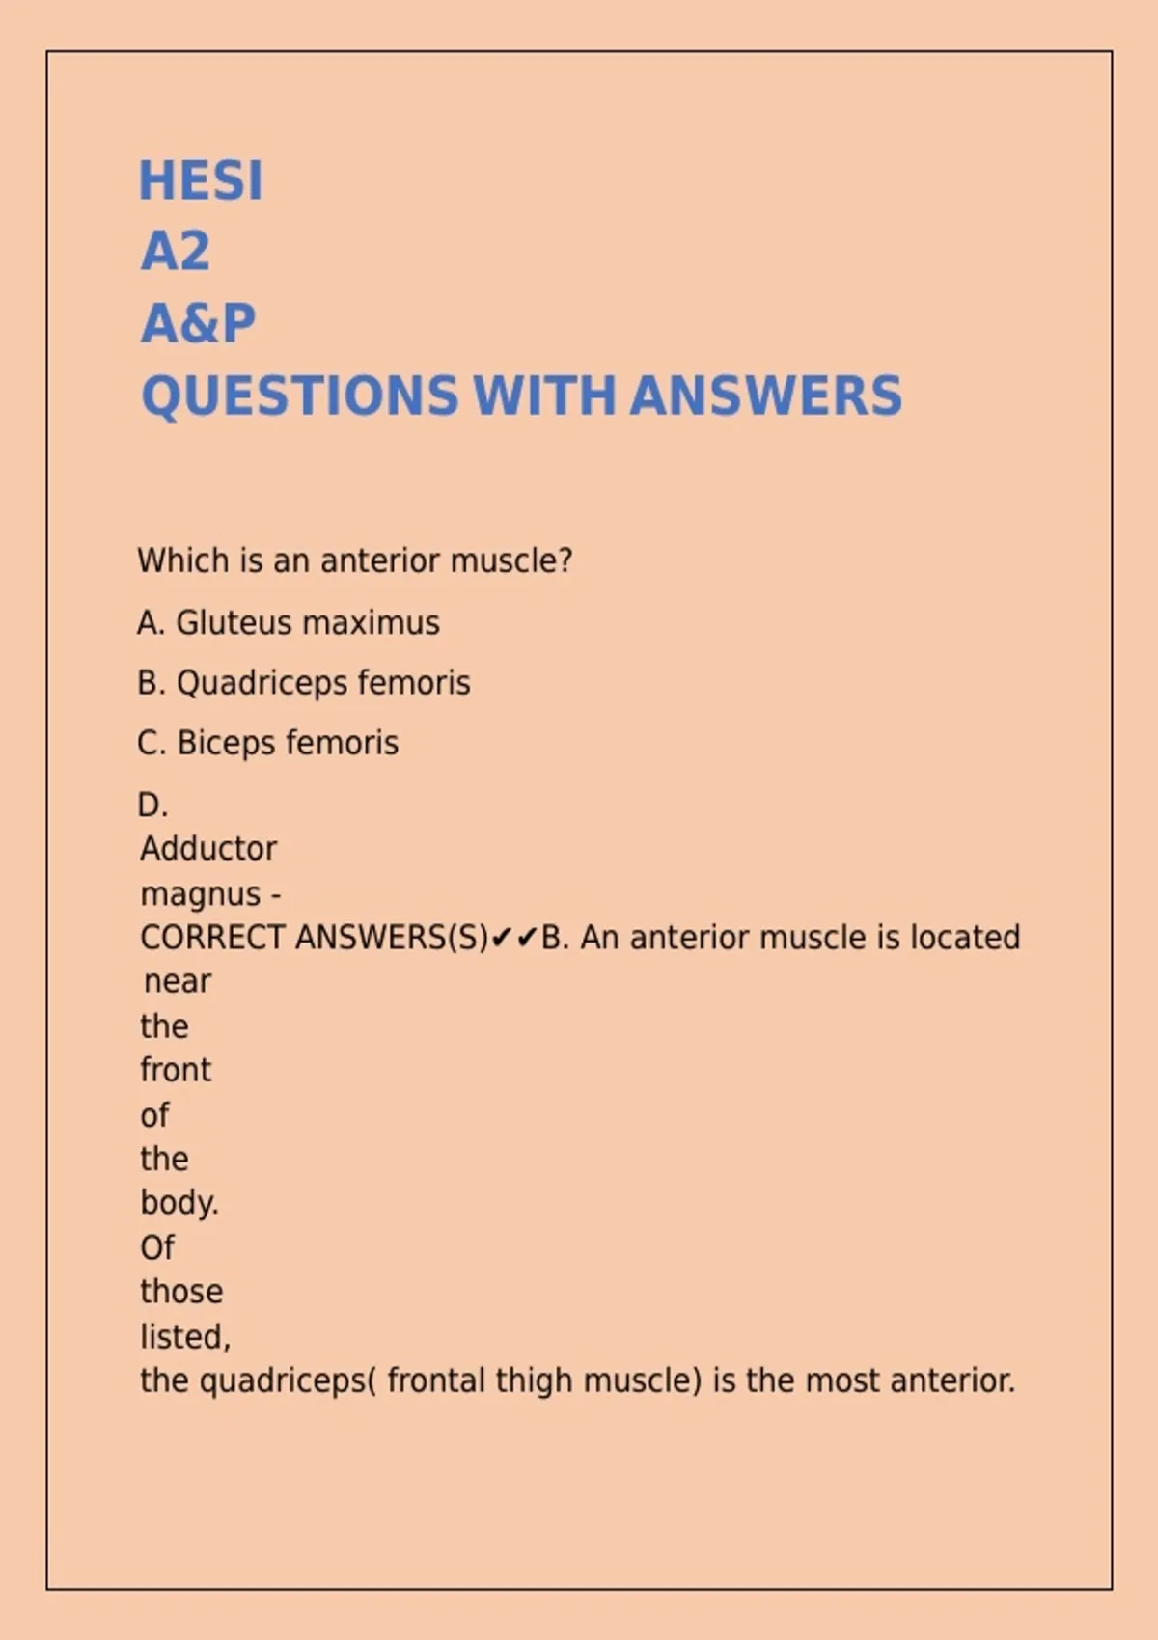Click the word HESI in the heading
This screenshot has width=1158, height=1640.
point(201,180)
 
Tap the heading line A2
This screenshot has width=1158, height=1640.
point(176,252)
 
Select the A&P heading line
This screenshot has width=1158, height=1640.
point(199,323)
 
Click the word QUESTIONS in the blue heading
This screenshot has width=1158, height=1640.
point(300,396)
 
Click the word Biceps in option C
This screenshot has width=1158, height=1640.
point(227,743)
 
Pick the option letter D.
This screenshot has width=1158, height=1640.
point(152,805)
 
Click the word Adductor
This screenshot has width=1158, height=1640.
point(208,849)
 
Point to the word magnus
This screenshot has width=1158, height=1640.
point(201,894)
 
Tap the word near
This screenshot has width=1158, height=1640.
point(178,982)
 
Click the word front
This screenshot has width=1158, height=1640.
point(176,1070)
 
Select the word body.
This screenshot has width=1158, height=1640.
point(179,1203)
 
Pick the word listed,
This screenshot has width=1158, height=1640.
point(185,1337)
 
